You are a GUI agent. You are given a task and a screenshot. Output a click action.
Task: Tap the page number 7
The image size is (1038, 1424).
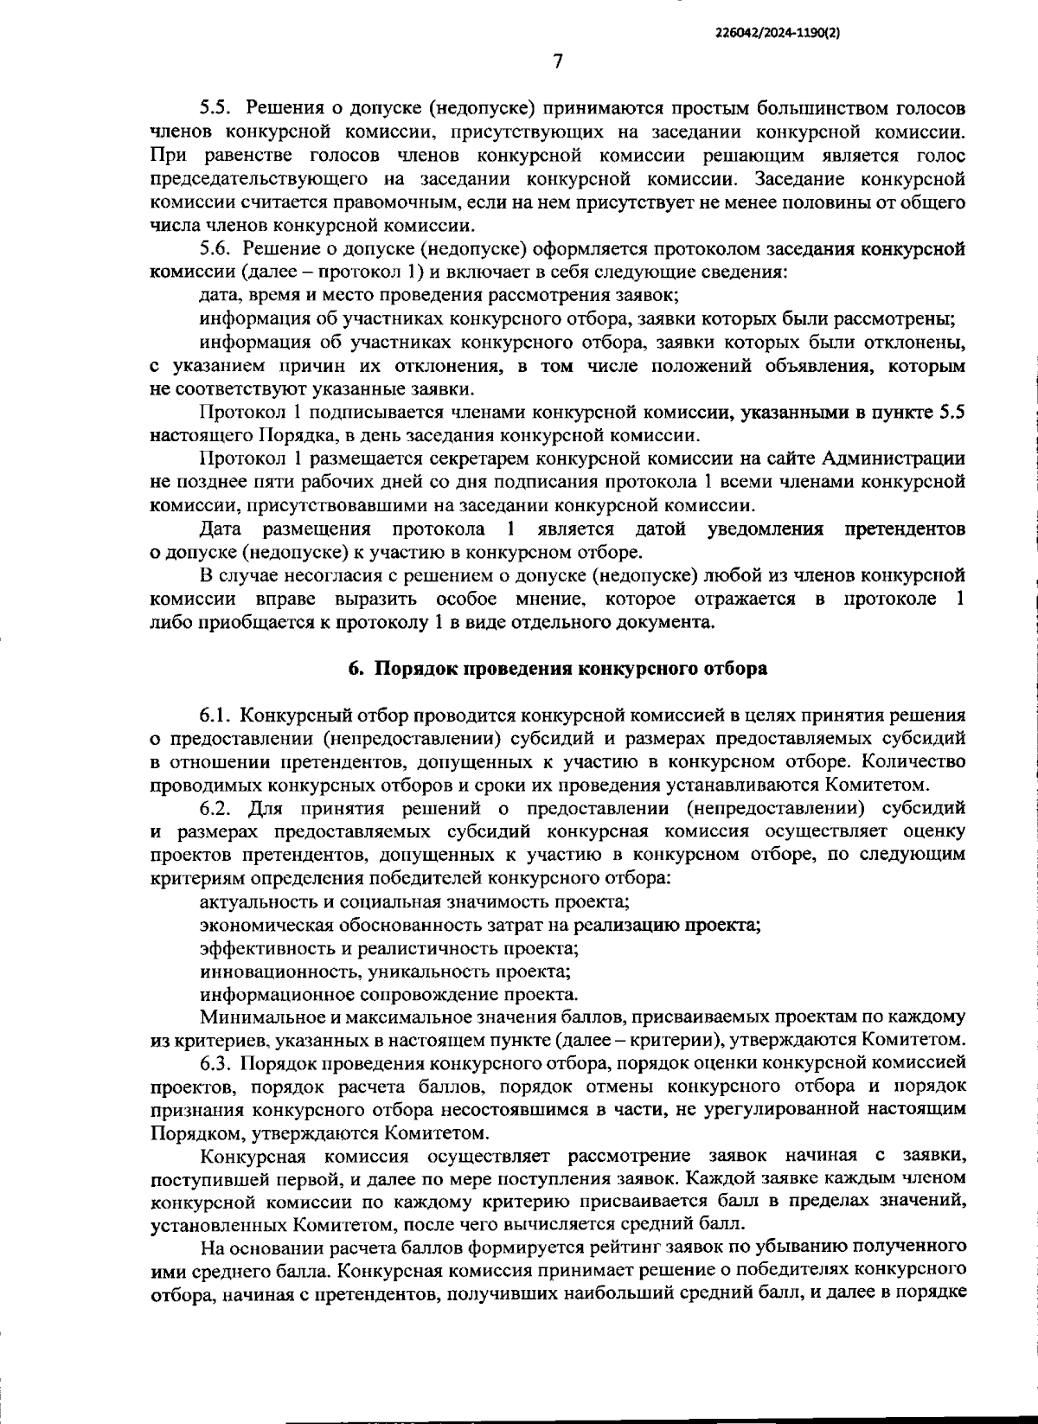[x=557, y=60]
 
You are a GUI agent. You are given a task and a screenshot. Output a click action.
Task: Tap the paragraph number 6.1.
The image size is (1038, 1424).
[x=215, y=715]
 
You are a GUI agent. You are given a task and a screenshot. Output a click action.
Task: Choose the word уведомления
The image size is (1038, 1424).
[x=766, y=529]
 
